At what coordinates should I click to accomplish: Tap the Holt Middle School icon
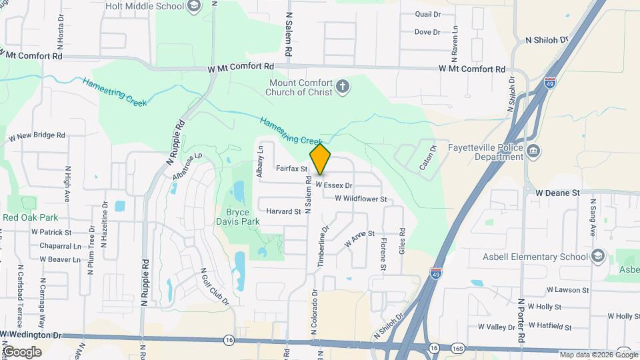click(193, 7)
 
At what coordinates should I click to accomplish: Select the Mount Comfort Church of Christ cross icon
click(342, 87)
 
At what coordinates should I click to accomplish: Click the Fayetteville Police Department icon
click(533, 151)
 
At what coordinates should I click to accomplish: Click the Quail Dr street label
click(428, 14)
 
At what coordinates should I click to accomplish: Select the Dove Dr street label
click(427, 32)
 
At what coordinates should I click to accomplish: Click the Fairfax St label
click(291, 170)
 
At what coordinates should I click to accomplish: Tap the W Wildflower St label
click(361, 199)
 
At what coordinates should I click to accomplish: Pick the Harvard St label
click(283, 211)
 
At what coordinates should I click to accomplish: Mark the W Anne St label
click(360, 240)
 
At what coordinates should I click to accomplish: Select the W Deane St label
click(559, 192)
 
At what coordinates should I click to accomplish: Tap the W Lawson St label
click(567, 290)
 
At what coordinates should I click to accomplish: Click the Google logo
click(22, 351)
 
